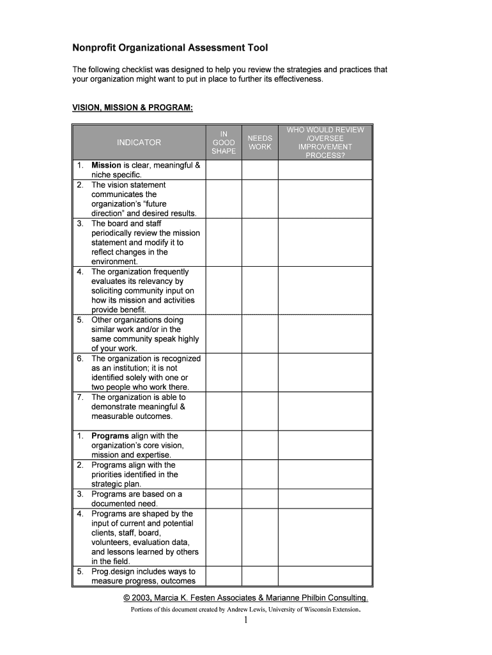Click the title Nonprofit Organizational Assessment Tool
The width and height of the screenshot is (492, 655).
[x=169, y=48]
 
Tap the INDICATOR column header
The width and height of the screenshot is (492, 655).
[x=139, y=143]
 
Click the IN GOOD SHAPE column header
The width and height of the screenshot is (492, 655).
[x=224, y=143]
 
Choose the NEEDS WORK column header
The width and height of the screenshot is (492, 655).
[x=259, y=143]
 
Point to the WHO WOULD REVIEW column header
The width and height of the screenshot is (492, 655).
[x=325, y=143]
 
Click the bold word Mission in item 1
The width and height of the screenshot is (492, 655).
[x=106, y=166]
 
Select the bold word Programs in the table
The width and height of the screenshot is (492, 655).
[x=110, y=436]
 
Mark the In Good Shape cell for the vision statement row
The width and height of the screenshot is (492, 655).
[x=224, y=199]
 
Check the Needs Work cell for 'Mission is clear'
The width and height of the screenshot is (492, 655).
[x=259, y=170]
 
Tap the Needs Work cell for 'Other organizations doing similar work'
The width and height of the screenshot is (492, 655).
[x=259, y=334]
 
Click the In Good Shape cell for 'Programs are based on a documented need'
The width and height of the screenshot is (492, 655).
[x=224, y=499]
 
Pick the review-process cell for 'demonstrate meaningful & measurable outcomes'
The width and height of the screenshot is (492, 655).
[x=325, y=410]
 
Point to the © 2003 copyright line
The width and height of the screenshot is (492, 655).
[x=246, y=598]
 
